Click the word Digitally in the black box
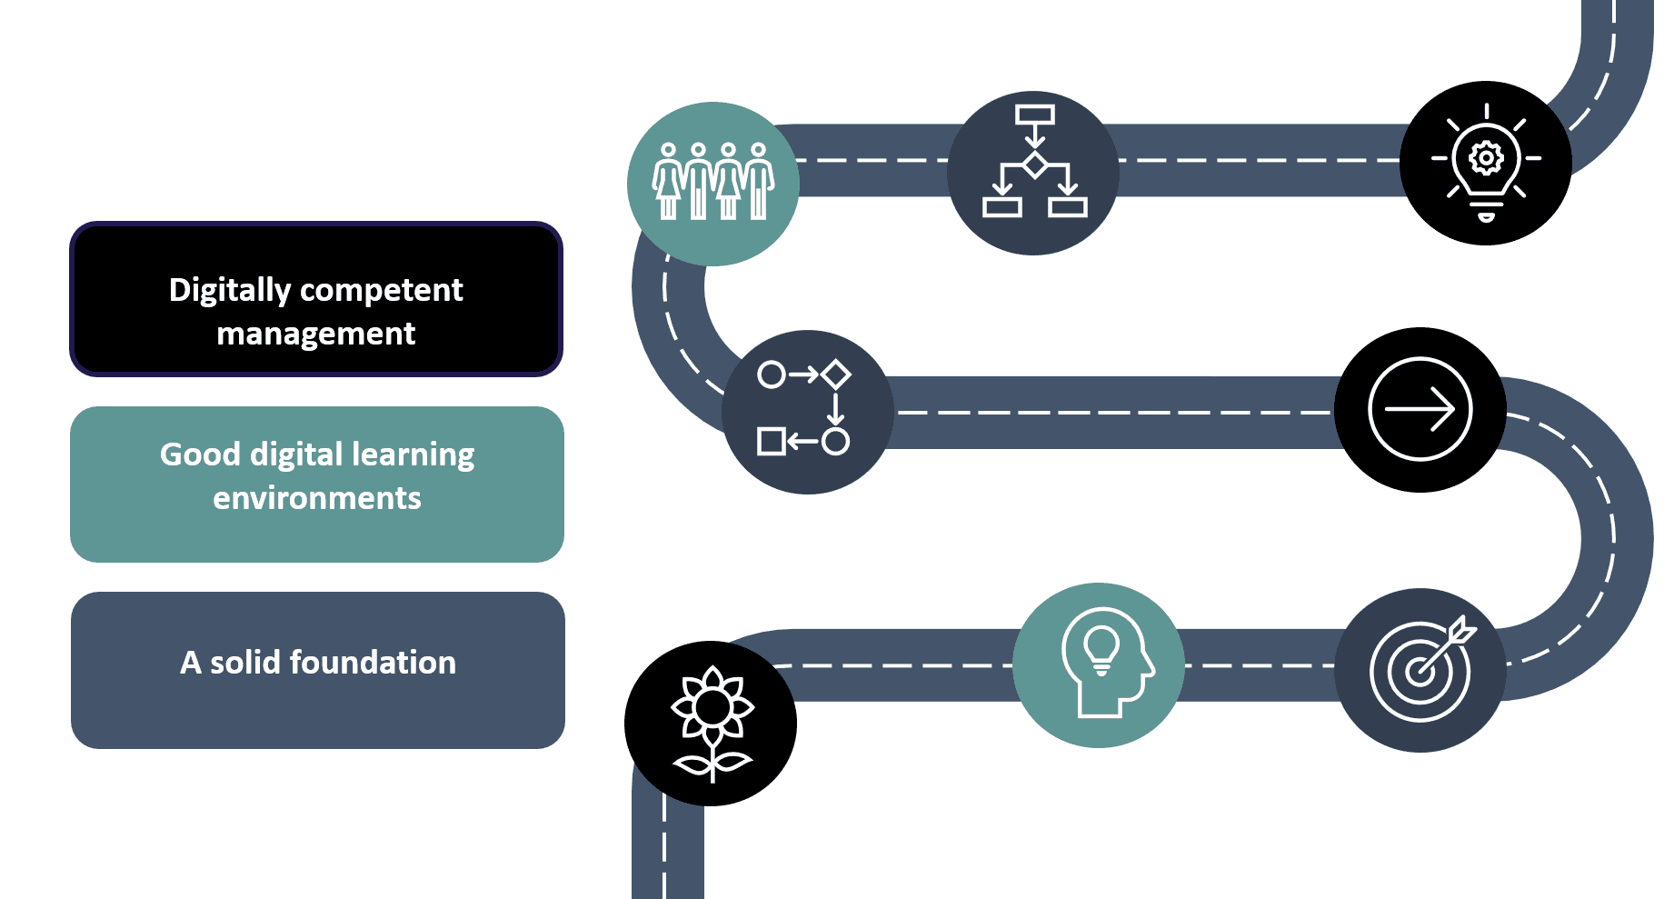point(229,291)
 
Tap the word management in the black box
point(315,335)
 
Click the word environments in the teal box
point(316,498)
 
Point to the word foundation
point(373,663)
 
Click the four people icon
point(713,182)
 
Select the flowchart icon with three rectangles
point(1034,164)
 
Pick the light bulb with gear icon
point(1486,162)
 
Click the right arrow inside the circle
point(1420,410)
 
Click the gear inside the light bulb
point(1486,157)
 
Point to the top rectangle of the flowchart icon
point(1034,115)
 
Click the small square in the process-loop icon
point(771,442)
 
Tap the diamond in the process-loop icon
point(835,375)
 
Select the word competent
point(381,291)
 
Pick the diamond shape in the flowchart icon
point(1034,165)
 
